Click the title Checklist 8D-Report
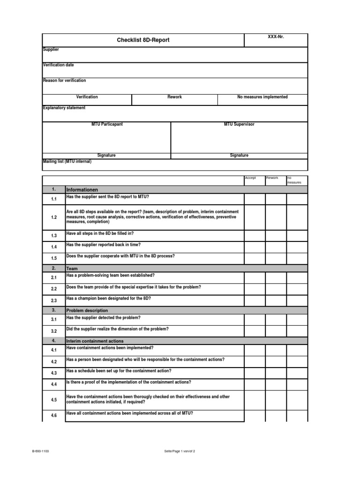pos(143,40)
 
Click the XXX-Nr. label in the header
pos(276,37)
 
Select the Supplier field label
pos(51,50)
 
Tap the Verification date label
pos(58,65)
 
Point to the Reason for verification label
pos(64,81)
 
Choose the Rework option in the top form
pos(174,97)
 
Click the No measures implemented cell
pos(262,97)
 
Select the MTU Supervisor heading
pos(239,124)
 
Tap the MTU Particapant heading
pos(107,124)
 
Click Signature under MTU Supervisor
pos(239,156)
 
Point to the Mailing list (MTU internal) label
pos(67,161)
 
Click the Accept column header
pos(250,178)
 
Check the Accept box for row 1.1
pos(255,199)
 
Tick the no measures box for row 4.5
pos(297,399)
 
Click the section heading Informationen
pos(82,190)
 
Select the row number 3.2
pos(53,331)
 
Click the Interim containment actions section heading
pos(95,341)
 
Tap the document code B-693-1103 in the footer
pos(41,451)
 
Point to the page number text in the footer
pos(179,451)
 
